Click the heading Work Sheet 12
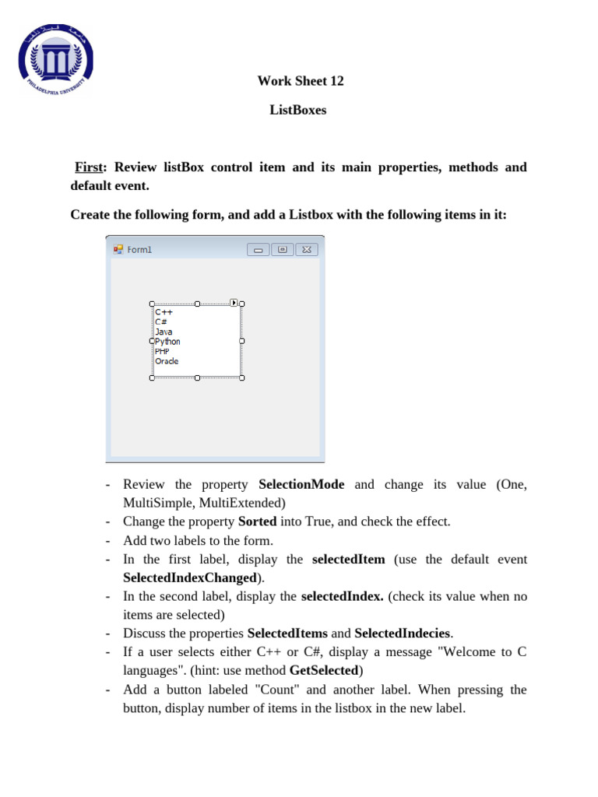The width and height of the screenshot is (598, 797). click(x=300, y=81)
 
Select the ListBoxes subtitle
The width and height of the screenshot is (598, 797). click(x=298, y=111)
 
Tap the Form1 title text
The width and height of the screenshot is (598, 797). click(x=140, y=250)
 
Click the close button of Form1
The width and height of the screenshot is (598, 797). click(x=306, y=250)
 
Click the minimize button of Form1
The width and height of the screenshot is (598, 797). click(x=259, y=250)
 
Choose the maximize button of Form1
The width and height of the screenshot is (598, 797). click(x=283, y=250)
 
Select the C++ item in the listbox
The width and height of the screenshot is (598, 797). click(x=164, y=312)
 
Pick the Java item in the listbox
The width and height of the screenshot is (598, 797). click(x=164, y=332)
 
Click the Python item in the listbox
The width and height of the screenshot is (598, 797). click(x=167, y=342)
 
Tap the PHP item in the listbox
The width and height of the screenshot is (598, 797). click(x=162, y=352)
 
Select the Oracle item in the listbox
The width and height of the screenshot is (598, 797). click(x=167, y=361)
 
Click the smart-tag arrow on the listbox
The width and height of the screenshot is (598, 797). click(x=234, y=303)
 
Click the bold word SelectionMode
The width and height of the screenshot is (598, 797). click(x=301, y=485)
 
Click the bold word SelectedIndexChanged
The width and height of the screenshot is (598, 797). click(x=190, y=578)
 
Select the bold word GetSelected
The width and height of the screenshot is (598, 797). click(x=323, y=671)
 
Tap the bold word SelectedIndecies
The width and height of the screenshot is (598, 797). click(x=403, y=634)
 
